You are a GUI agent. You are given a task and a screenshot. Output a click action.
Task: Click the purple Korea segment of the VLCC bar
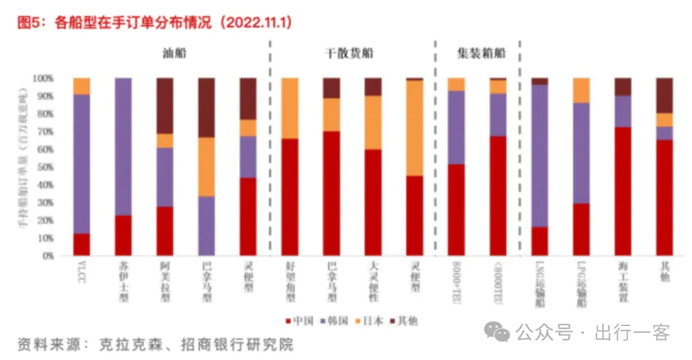[82, 164]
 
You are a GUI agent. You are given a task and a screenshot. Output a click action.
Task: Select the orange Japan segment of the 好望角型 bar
[289, 108]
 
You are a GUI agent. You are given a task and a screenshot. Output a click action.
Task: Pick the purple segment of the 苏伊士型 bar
[123, 146]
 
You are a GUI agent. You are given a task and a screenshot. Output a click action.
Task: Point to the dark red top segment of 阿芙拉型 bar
[165, 105]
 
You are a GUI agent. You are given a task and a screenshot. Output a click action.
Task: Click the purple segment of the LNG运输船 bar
[540, 156]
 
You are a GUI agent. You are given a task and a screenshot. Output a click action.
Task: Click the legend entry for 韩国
[338, 321]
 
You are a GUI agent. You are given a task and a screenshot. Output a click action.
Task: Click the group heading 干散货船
[349, 53]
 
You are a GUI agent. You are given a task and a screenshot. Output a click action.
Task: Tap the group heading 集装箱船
[480, 53]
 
